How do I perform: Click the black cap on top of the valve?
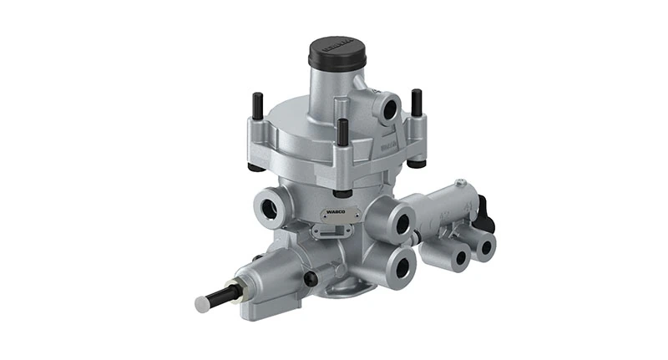point(335,53)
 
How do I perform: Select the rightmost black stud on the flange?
point(415,102)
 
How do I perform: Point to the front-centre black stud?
point(342,134)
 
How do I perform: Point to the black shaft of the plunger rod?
point(224,296)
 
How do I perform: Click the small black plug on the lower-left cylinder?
point(311,279)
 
